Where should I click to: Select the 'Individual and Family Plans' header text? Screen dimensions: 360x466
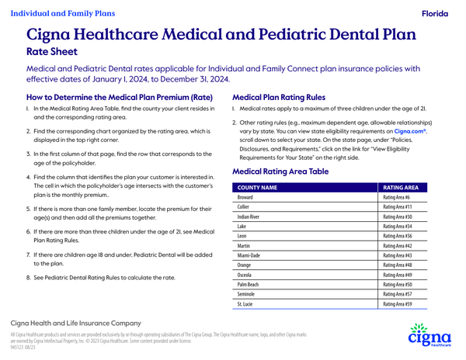tap(63, 13)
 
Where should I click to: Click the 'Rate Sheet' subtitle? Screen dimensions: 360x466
tap(51, 52)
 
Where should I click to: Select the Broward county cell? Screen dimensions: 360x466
tap(249, 198)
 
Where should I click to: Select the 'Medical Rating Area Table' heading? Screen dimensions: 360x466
tap(280, 171)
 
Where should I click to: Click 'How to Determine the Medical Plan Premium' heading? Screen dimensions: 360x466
tap(130, 98)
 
